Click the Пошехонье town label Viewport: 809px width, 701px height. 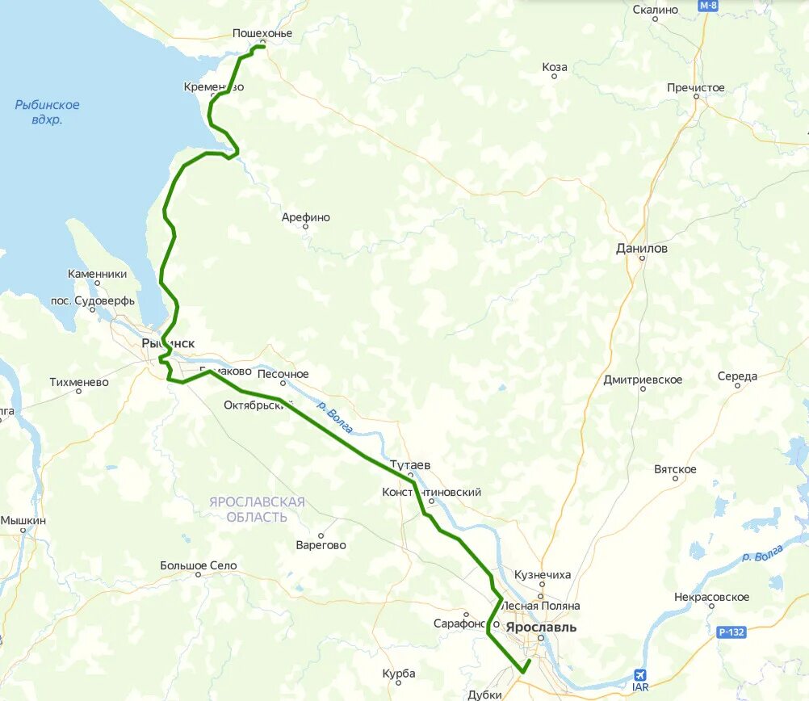(x=262, y=33)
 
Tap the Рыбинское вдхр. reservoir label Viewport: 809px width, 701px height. (x=48, y=112)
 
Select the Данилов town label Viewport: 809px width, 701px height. (x=642, y=249)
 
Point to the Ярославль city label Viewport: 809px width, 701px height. (x=541, y=626)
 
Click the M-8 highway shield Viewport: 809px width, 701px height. (x=708, y=6)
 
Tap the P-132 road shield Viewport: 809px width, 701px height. (x=731, y=632)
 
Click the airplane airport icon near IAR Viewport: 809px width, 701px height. (x=640, y=674)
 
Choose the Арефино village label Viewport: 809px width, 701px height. (x=305, y=217)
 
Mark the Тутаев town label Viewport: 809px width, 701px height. (x=410, y=465)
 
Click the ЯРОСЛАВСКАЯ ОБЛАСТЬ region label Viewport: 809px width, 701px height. (x=257, y=510)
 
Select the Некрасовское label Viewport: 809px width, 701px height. (x=711, y=598)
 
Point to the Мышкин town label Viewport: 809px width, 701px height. (x=23, y=521)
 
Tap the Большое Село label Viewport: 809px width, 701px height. (x=198, y=565)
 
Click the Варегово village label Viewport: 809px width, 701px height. (x=321, y=545)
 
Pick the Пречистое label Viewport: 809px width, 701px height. (x=695, y=87)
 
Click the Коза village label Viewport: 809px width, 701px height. (x=555, y=67)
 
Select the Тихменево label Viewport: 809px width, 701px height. (x=79, y=382)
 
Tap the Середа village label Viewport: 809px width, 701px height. (x=737, y=376)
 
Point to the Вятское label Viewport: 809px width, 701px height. (x=675, y=469)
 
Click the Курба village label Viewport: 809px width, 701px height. (x=400, y=674)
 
